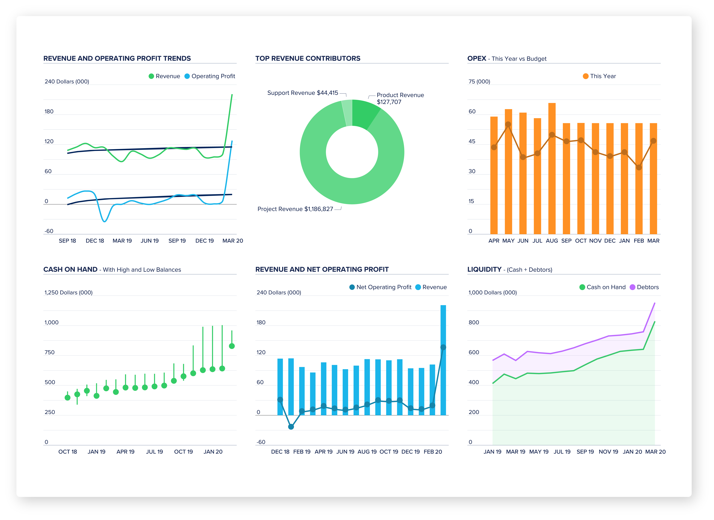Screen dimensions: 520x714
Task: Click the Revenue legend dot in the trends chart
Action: [x=151, y=76]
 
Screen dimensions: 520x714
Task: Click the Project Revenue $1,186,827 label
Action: [x=295, y=209]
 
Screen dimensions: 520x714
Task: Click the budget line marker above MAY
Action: [x=508, y=124]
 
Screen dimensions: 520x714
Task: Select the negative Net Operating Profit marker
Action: [x=291, y=427]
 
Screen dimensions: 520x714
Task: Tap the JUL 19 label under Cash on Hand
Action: [x=154, y=452]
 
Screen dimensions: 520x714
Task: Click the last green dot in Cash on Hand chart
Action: [x=232, y=346]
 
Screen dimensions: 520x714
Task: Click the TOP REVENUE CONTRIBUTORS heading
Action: [x=308, y=59]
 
